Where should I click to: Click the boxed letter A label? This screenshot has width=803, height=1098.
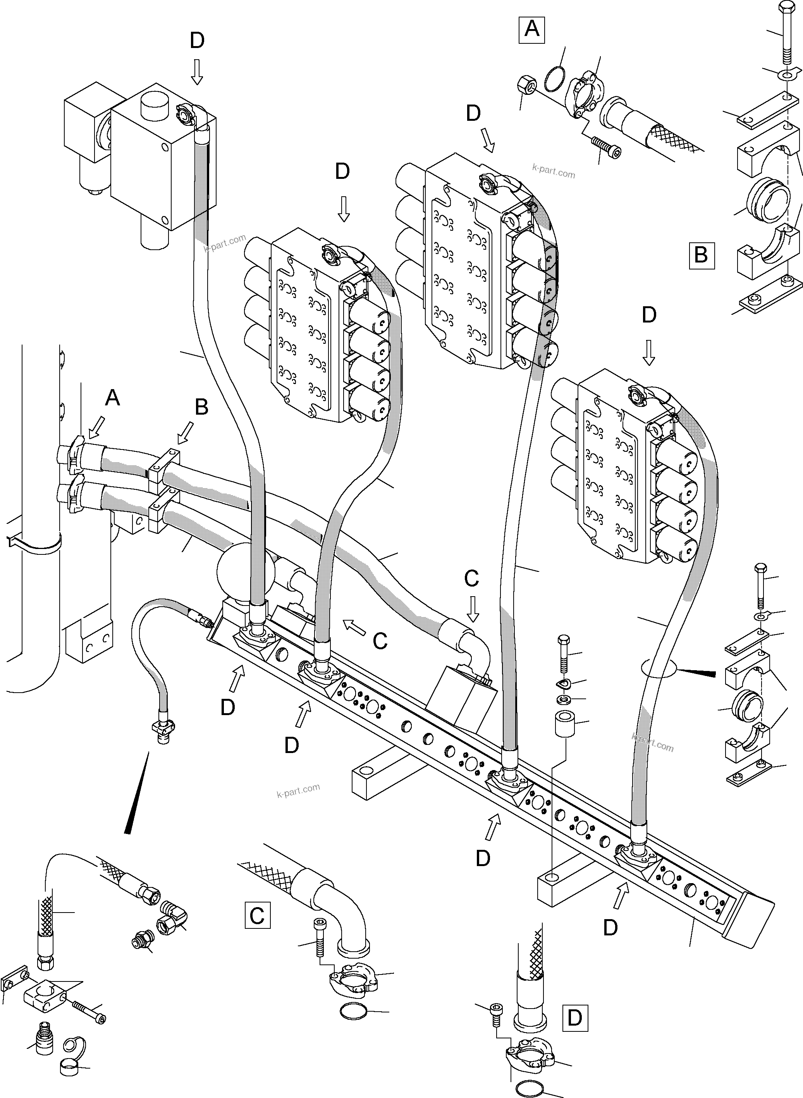(x=532, y=30)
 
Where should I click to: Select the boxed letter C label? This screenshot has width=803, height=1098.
(x=257, y=915)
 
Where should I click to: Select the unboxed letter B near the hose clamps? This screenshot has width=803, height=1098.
(x=201, y=407)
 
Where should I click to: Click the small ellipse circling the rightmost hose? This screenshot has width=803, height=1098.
(x=658, y=671)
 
